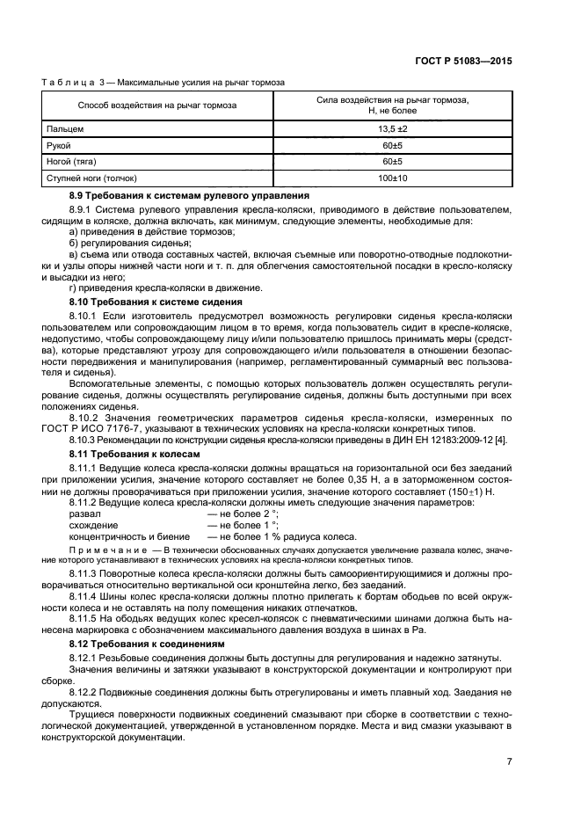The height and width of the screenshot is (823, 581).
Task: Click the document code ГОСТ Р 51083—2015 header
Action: [x=464, y=62]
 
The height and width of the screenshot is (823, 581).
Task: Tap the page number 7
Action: [x=509, y=761]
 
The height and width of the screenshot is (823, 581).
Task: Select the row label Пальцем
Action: [x=66, y=128]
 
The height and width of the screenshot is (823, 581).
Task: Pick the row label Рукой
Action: [x=61, y=145]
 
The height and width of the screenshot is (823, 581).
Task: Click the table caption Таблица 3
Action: [x=76, y=84]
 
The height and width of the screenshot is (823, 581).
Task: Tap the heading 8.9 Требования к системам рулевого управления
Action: [x=189, y=194]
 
